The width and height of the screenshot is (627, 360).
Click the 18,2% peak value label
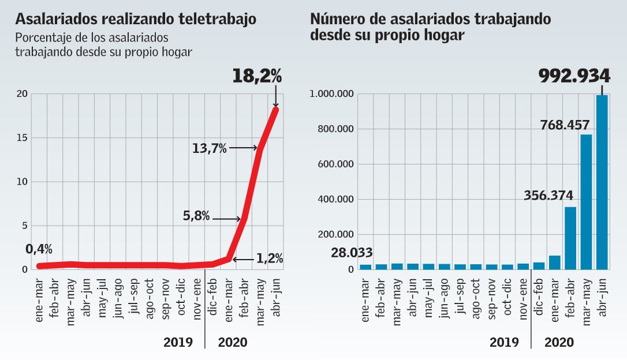(x=257, y=76)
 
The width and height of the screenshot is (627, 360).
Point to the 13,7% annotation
(x=210, y=149)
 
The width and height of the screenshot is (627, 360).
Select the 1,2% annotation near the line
(x=268, y=259)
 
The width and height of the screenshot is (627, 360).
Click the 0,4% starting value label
(x=39, y=249)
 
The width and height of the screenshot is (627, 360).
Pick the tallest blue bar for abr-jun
(x=602, y=182)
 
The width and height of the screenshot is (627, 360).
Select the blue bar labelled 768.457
(x=586, y=202)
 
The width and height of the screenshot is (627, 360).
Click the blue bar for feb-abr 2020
(x=570, y=238)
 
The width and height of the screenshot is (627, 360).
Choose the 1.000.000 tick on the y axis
(x=333, y=94)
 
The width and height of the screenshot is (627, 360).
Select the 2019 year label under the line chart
(x=178, y=342)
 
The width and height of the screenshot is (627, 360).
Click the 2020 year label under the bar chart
(x=559, y=342)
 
